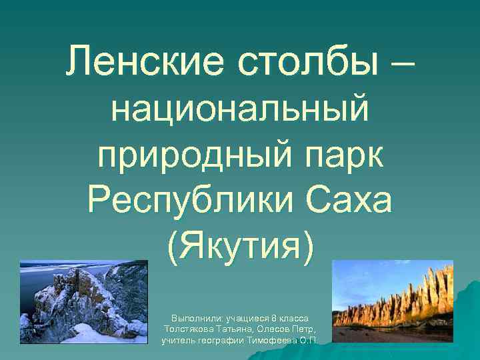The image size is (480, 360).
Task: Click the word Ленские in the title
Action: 142,64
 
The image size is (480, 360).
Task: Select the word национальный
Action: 240,111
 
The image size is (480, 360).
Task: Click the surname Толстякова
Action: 189,330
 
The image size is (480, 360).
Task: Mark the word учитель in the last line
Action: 177,341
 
